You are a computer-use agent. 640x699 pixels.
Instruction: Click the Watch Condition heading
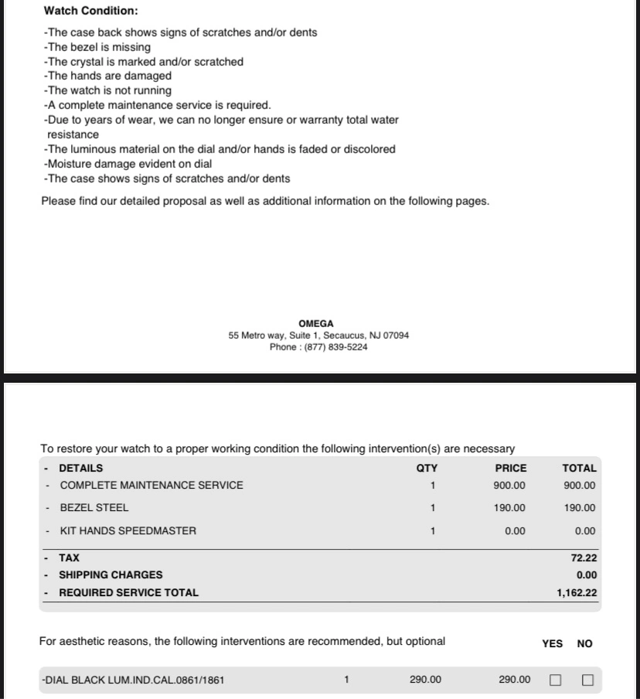click(91, 11)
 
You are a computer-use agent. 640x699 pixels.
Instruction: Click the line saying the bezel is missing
click(97, 47)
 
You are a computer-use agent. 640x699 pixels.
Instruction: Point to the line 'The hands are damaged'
click(107, 76)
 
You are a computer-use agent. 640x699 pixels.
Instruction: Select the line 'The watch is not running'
click(107, 90)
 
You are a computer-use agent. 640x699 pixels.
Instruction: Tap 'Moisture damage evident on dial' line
click(128, 164)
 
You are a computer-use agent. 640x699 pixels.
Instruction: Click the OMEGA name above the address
click(316, 323)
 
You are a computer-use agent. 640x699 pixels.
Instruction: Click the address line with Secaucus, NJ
click(318, 336)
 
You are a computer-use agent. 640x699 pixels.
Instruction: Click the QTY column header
click(427, 468)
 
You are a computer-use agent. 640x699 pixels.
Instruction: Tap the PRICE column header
click(510, 468)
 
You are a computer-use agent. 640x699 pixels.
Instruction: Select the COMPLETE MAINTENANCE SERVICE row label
click(151, 486)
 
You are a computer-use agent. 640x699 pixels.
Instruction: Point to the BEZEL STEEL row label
click(94, 508)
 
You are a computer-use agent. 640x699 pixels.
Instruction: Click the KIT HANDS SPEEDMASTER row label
click(128, 531)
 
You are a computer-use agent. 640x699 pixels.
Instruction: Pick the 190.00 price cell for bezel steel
click(509, 508)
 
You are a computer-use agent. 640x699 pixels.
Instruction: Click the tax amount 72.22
click(584, 557)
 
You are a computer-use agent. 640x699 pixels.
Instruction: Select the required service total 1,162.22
click(577, 593)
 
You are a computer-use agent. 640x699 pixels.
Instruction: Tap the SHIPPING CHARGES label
click(111, 575)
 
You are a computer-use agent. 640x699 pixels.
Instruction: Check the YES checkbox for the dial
click(555, 680)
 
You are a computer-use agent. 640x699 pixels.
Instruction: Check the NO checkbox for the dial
click(587, 680)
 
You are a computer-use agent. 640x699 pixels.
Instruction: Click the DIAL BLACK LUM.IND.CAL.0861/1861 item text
click(133, 680)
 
